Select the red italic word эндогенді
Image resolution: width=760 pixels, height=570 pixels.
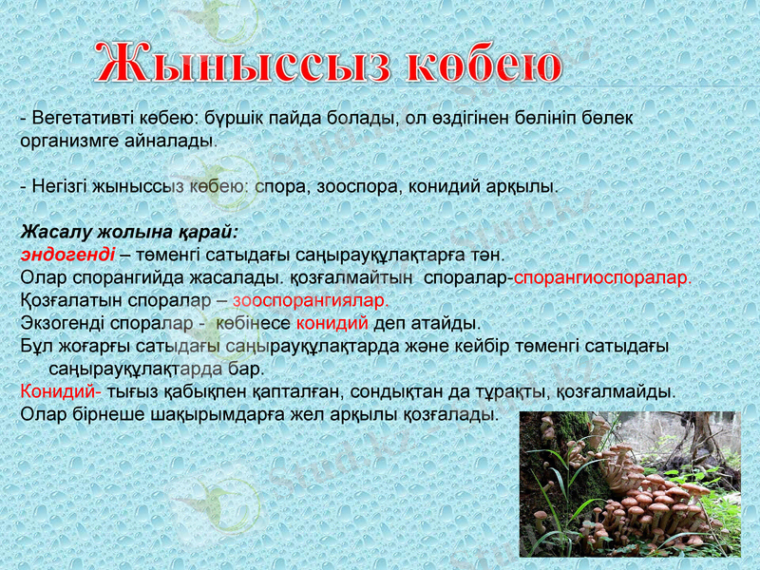(x=67, y=255)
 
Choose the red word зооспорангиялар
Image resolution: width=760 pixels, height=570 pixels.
(x=311, y=300)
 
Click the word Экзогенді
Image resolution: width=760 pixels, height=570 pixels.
(x=62, y=323)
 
